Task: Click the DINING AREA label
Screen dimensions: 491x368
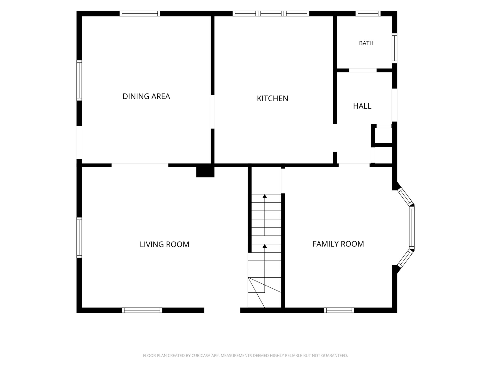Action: click(x=146, y=96)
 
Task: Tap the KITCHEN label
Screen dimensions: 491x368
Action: click(x=272, y=98)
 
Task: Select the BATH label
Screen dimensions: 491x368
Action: click(x=366, y=43)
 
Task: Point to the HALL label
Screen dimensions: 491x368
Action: click(x=362, y=106)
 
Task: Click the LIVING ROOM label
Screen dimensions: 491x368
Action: click(x=164, y=244)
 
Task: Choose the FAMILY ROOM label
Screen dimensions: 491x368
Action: click(x=338, y=244)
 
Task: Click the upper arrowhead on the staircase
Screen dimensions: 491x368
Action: click(x=265, y=196)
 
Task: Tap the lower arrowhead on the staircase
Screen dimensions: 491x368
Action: click(x=265, y=246)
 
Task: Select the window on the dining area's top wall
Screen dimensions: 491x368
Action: click(x=140, y=13)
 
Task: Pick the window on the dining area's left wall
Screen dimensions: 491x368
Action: click(x=79, y=80)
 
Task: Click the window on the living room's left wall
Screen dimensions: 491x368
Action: click(x=79, y=238)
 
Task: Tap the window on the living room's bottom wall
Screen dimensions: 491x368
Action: click(x=142, y=310)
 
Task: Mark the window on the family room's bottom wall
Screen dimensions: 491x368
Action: click(x=339, y=310)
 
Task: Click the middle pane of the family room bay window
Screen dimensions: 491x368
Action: click(x=412, y=227)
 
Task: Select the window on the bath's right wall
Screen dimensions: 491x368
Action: click(x=394, y=48)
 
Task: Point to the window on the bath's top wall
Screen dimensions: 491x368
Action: click(x=368, y=13)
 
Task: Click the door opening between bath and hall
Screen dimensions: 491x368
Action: click(x=363, y=70)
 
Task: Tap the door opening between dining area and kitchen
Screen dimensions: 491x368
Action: click(x=212, y=112)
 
